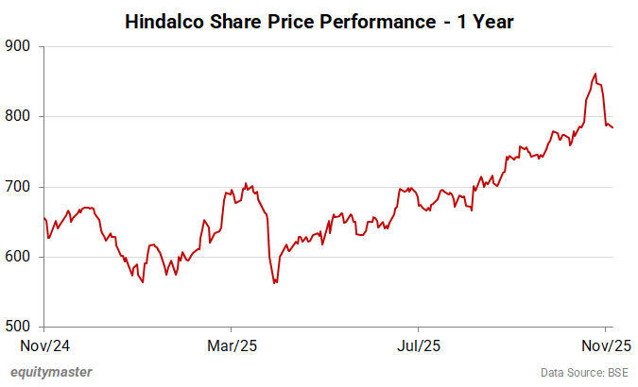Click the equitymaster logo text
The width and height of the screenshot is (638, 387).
pyautogui.click(x=52, y=372)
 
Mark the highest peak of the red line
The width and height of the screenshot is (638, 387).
pyautogui.click(x=595, y=74)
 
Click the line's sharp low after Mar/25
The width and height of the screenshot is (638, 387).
pyautogui.click(x=275, y=282)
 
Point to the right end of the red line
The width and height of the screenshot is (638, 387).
pyautogui.click(x=612, y=127)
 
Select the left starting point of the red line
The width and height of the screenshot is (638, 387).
pyautogui.click(x=44, y=218)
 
